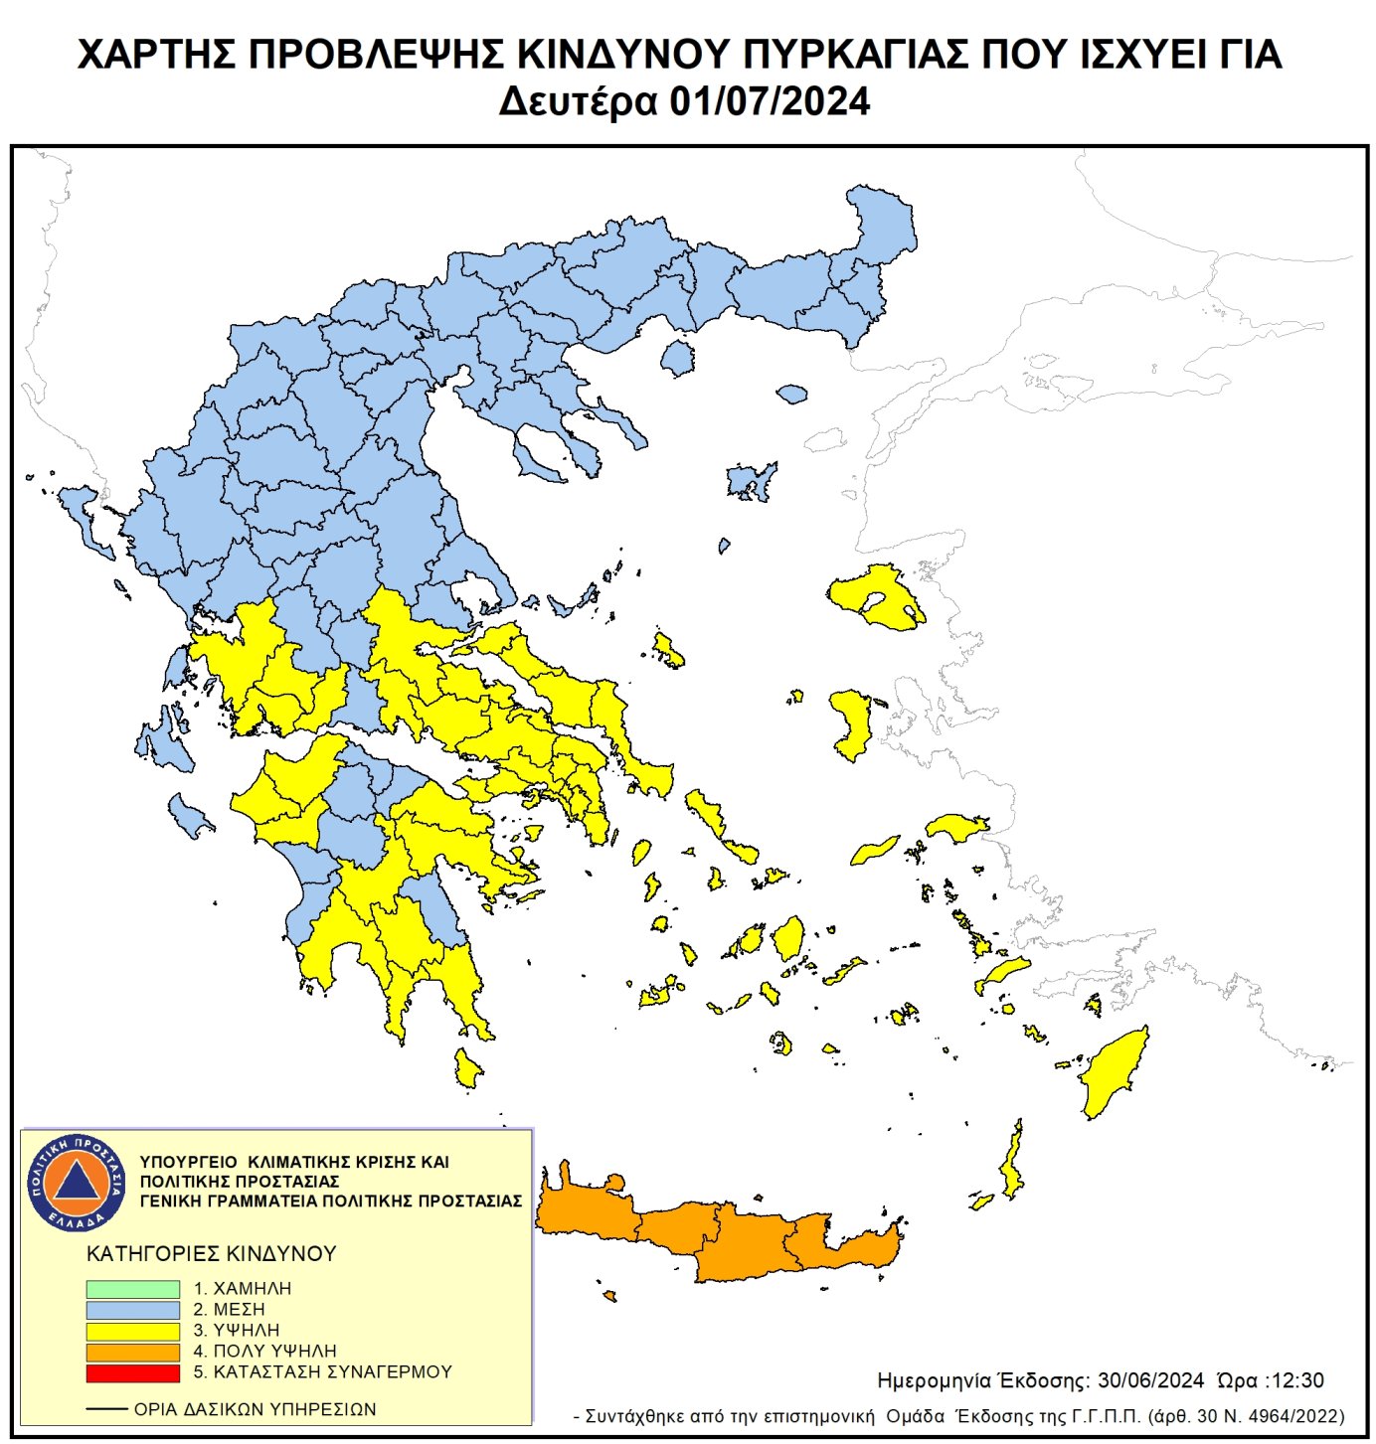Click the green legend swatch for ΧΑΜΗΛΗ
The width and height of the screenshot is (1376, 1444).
[x=132, y=1289]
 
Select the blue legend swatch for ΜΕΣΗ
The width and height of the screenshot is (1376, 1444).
[x=132, y=1310]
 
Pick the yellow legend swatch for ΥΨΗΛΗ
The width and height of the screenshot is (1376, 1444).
[x=132, y=1331]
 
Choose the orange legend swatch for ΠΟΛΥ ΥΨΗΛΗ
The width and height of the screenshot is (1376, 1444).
[x=132, y=1352]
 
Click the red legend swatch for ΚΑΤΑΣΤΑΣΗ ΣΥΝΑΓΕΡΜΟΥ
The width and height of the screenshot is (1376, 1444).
[x=132, y=1372]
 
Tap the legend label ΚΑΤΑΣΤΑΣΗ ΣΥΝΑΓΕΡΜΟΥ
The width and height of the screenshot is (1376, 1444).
[x=332, y=1372]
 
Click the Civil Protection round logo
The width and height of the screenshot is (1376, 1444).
[x=77, y=1182]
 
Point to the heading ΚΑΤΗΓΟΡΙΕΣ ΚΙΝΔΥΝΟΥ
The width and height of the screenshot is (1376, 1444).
[x=212, y=1254]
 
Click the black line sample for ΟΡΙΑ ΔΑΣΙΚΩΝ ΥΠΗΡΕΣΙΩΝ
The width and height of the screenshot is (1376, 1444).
[x=106, y=1409]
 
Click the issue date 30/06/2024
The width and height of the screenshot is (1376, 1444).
[x=1150, y=1381]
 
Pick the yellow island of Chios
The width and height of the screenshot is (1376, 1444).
[x=852, y=721]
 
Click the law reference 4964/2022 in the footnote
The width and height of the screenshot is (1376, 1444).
[x=1290, y=1416]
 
